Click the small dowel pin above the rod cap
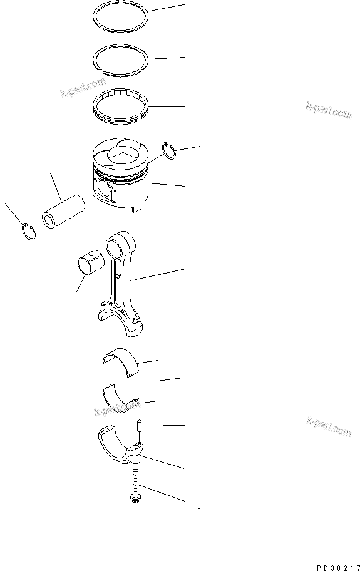[x=140, y=426]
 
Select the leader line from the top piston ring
[x=166, y=9]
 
